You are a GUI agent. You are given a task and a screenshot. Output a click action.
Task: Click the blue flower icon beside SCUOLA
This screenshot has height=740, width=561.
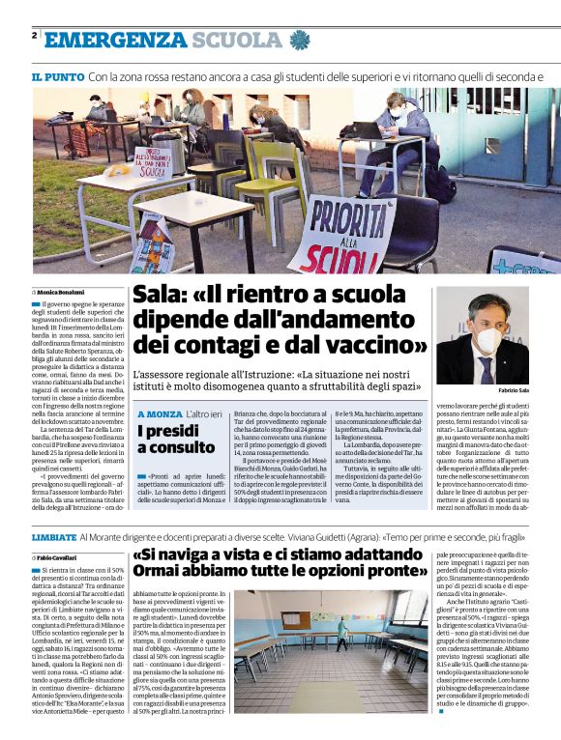coord(299,41)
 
